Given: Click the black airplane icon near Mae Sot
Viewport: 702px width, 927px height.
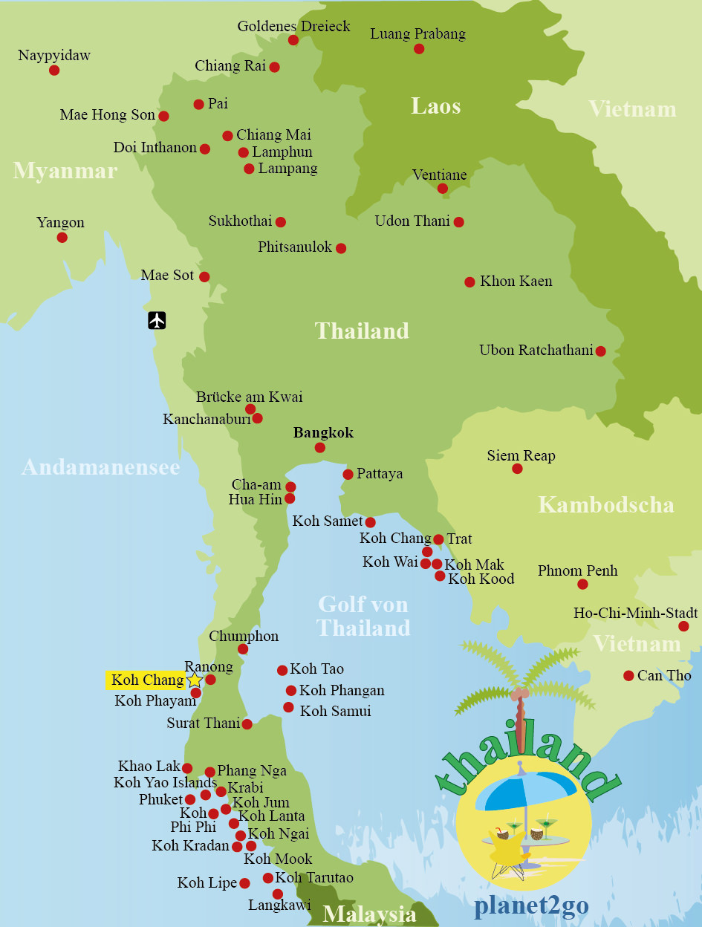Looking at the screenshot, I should (157, 320).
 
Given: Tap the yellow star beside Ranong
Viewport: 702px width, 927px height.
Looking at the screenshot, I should (195, 680).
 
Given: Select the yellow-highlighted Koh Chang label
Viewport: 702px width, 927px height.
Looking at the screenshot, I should (147, 680).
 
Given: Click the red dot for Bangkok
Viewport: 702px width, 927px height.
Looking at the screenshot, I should (319, 447).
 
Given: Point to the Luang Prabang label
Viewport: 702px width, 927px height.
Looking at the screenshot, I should (417, 33).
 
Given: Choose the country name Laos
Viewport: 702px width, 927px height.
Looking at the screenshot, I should (436, 106).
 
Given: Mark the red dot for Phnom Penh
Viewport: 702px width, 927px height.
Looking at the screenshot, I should (582, 585).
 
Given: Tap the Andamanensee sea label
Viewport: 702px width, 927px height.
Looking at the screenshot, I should (100, 466).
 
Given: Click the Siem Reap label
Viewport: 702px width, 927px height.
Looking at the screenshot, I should (521, 455).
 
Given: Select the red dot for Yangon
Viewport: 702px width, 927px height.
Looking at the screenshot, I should (62, 238).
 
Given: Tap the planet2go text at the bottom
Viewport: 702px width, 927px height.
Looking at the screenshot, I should (531, 905).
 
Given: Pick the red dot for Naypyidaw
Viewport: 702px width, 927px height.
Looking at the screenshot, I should (54, 71).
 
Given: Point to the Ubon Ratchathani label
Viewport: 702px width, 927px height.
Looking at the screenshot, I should (536, 351).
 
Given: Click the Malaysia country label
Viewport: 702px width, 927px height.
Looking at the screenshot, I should (369, 914).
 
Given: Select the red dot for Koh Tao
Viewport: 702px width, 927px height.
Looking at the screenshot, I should (282, 670).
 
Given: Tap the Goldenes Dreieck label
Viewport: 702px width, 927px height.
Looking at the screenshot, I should (293, 26).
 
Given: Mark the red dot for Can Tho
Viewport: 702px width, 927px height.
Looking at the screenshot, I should (628, 675).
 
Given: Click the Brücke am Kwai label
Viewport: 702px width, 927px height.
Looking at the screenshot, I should (249, 397).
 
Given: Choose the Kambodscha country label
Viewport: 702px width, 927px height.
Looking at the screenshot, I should (605, 505).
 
